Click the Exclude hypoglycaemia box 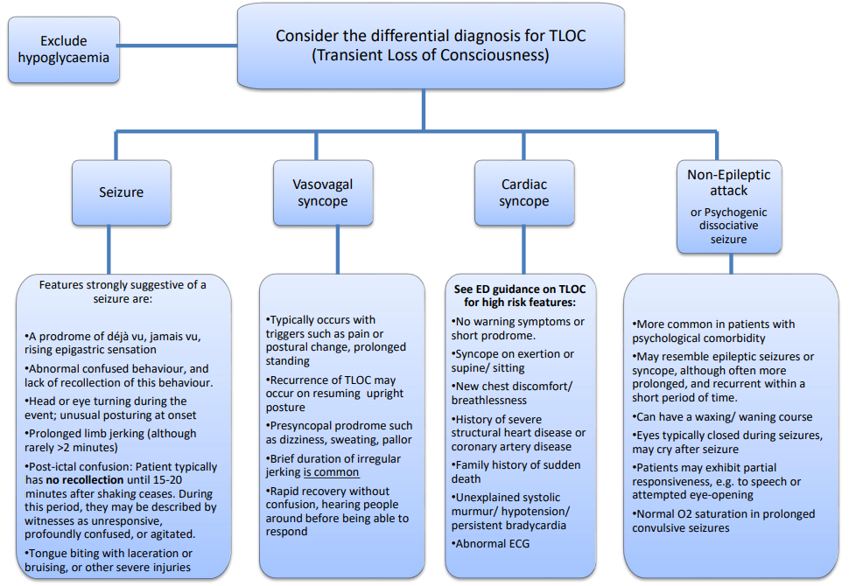pyautogui.click(x=64, y=48)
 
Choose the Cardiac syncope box pyautogui.click(x=524, y=192)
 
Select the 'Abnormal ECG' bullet pyautogui.click(x=492, y=543)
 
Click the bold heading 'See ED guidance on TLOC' pyautogui.click(x=520, y=290)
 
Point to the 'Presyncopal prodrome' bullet pyautogui.click(x=338, y=432)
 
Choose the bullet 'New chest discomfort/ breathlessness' pyautogui.click(x=513, y=393)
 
